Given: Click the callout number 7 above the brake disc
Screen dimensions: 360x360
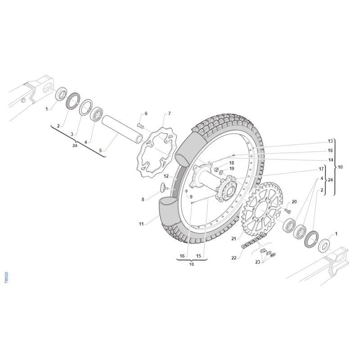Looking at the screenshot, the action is coord(170,114).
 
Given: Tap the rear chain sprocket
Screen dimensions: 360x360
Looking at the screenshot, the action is coord(262,209).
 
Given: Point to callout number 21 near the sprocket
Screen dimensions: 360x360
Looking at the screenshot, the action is coord(234,239).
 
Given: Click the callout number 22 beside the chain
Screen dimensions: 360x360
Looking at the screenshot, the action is coord(234,258).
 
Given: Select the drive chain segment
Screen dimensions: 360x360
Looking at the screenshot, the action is coord(254,241).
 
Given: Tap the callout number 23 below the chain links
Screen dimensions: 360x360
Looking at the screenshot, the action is coord(257,262).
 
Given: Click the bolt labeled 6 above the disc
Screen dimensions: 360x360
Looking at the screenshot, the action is coord(140,126).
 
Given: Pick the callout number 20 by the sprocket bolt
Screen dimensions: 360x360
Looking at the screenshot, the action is coord(294,202).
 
